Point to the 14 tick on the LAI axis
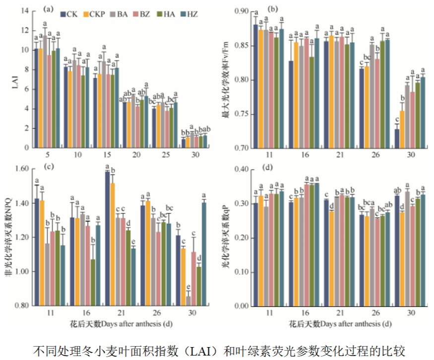(24, 11)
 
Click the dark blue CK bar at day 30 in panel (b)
(397, 139)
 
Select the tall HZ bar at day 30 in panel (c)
(203, 254)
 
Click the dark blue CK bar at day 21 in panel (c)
(108, 238)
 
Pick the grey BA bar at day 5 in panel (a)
(45, 91)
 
